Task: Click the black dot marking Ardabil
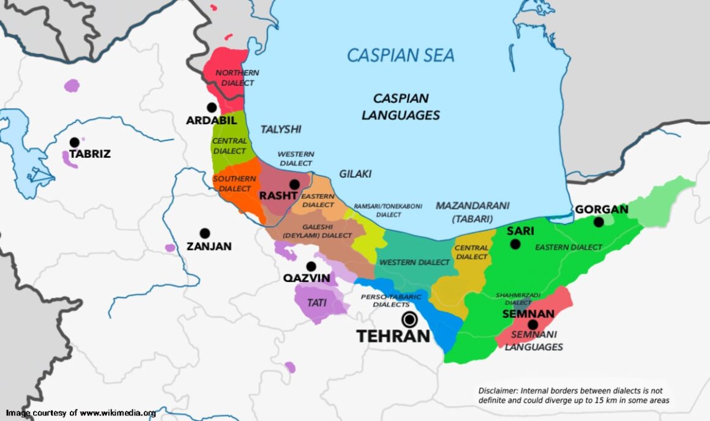point(212,107)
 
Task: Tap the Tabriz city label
point(89,154)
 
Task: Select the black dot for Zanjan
point(204,233)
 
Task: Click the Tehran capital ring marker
point(409,319)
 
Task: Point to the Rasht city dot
point(294,184)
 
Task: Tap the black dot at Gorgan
point(598,222)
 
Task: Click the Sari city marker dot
point(515,244)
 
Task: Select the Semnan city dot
point(532,325)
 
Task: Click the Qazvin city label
point(307,278)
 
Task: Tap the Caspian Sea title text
point(401,56)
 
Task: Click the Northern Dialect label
point(237,78)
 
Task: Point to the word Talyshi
point(281,129)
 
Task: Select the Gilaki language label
point(355,174)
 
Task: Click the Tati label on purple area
point(316,302)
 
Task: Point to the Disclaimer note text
point(574,395)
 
